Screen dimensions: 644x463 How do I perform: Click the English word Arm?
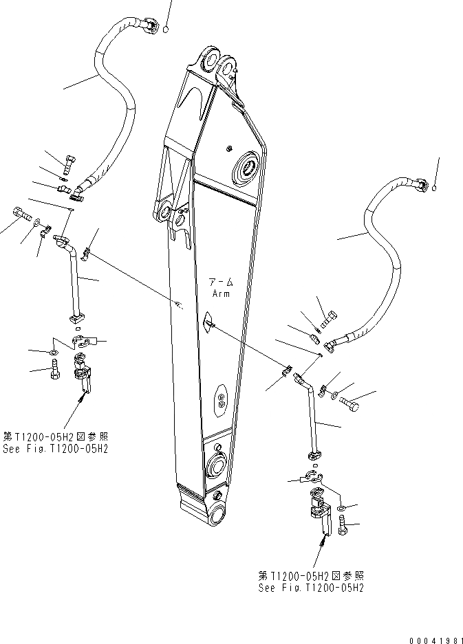click(x=221, y=294)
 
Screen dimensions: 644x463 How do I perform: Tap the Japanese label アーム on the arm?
click(x=221, y=282)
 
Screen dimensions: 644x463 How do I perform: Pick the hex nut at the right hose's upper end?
click(x=422, y=185)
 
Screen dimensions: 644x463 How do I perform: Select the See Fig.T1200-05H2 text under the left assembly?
click(x=54, y=448)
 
